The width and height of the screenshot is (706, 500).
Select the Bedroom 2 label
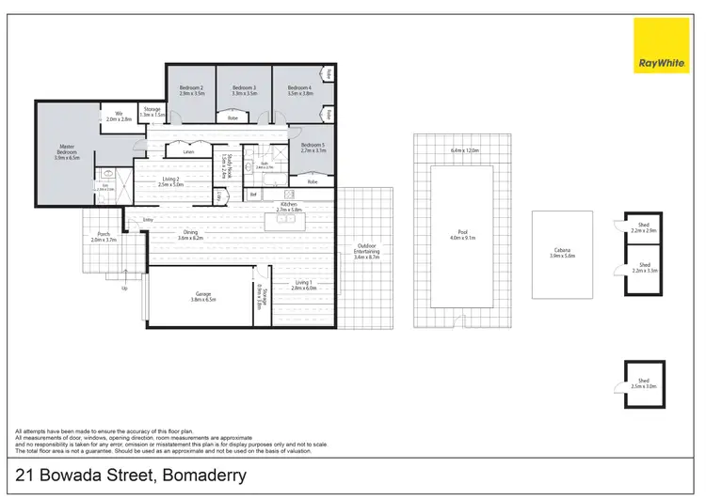pyautogui.click(x=192, y=90)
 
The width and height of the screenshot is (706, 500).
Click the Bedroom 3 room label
pyautogui.click(x=244, y=90)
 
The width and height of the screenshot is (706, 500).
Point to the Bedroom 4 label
pyautogui.click(x=299, y=90)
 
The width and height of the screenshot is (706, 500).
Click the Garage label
pyautogui.click(x=203, y=295)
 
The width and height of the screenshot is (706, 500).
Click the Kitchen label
pyautogui.click(x=289, y=206)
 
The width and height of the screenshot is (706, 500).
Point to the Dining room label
pyautogui.click(x=190, y=234)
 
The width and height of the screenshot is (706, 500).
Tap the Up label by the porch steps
pyautogui.click(x=124, y=289)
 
